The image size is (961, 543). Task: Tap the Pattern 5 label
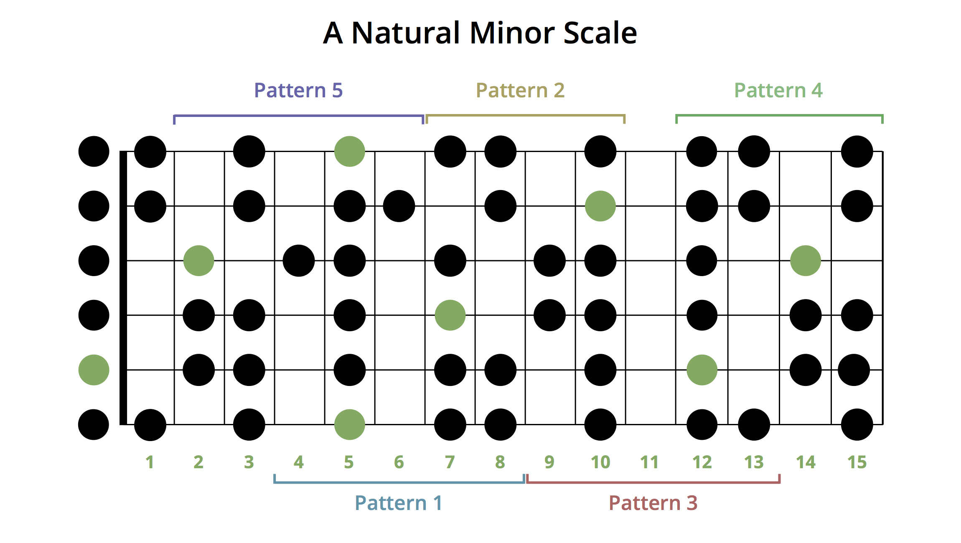pyautogui.click(x=298, y=90)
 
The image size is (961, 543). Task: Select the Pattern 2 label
pyautogui.click(x=521, y=90)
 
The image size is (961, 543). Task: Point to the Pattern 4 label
pyautogui.click(x=779, y=90)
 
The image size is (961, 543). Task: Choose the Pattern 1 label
pyautogui.click(x=398, y=503)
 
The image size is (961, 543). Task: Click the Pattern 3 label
pyautogui.click(x=653, y=503)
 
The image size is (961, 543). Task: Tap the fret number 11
pyautogui.click(x=649, y=462)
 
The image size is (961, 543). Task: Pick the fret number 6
pyautogui.click(x=399, y=462)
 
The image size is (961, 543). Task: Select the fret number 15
pyautogui.click(x=857, y=462)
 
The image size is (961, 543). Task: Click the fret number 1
pyautogui.click(x=150, y=462)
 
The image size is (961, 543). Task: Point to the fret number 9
pyautogui.click(x=549, y=462)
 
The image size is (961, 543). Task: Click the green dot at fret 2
pyautogui.click(x=199, y=261)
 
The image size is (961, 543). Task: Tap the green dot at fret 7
pyautogui.click(x=450, y=315)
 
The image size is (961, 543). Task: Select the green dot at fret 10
pyautogui.click(x=600, y=206)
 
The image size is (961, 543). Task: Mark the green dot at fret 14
pyautogui.click(x=806, y=261)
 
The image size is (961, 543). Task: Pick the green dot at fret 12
pyautogui.click(x=702, y=370)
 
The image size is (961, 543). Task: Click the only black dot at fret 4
pyautogui.click(x=299, y=261)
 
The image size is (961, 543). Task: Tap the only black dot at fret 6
pyautogui.click(x=399, y=206)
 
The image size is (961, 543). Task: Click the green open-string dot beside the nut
pyautogui.click(x=94, y=370)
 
